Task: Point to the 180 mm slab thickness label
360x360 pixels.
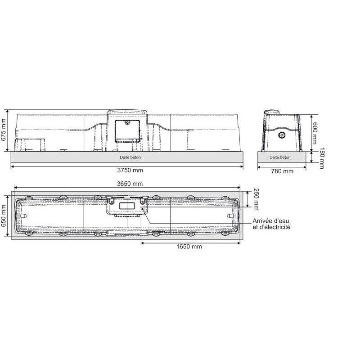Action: (322, 158)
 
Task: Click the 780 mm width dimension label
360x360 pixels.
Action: (282, 171)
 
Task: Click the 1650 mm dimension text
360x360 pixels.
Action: (189, 247)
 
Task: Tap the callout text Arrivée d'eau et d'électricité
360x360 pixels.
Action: (271, 224)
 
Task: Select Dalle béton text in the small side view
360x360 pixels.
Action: (280, 157)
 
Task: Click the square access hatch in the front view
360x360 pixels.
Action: (127, 130)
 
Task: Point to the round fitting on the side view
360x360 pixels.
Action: (282, 135)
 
